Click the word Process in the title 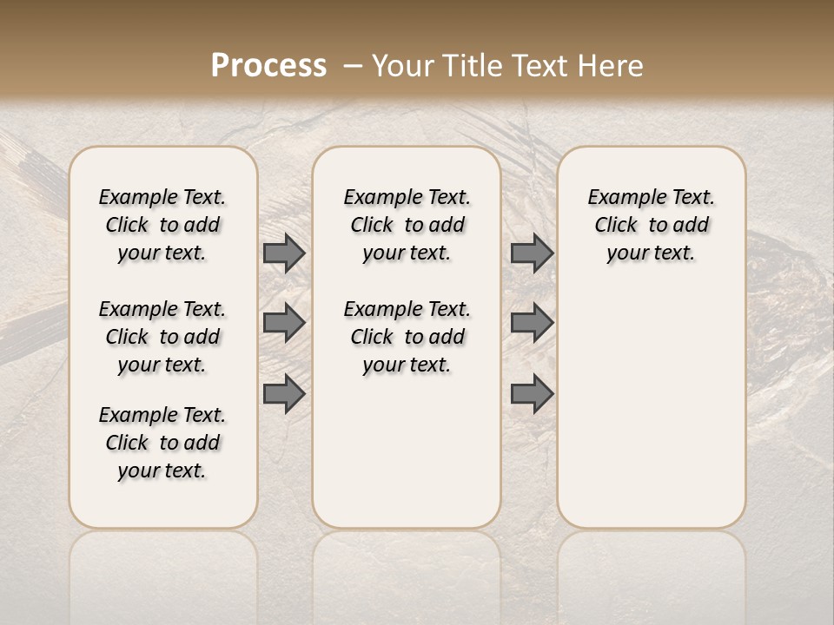coord(268,66)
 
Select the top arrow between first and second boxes coord(284,253)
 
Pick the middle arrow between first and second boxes coord(284,323)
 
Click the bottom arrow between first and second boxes coord(284,393)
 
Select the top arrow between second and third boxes coord(532,253)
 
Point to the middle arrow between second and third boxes coord(532,323)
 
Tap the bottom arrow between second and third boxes coord(532,393)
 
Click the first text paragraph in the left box coord(162,225)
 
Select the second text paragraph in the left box coord(162,337)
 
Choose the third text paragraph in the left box coord(162,443)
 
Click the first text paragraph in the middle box coord(407,225)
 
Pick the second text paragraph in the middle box coord(407,337)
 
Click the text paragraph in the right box coord(651,225)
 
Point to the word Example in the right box coord(620,198)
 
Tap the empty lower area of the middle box coord(407,451)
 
